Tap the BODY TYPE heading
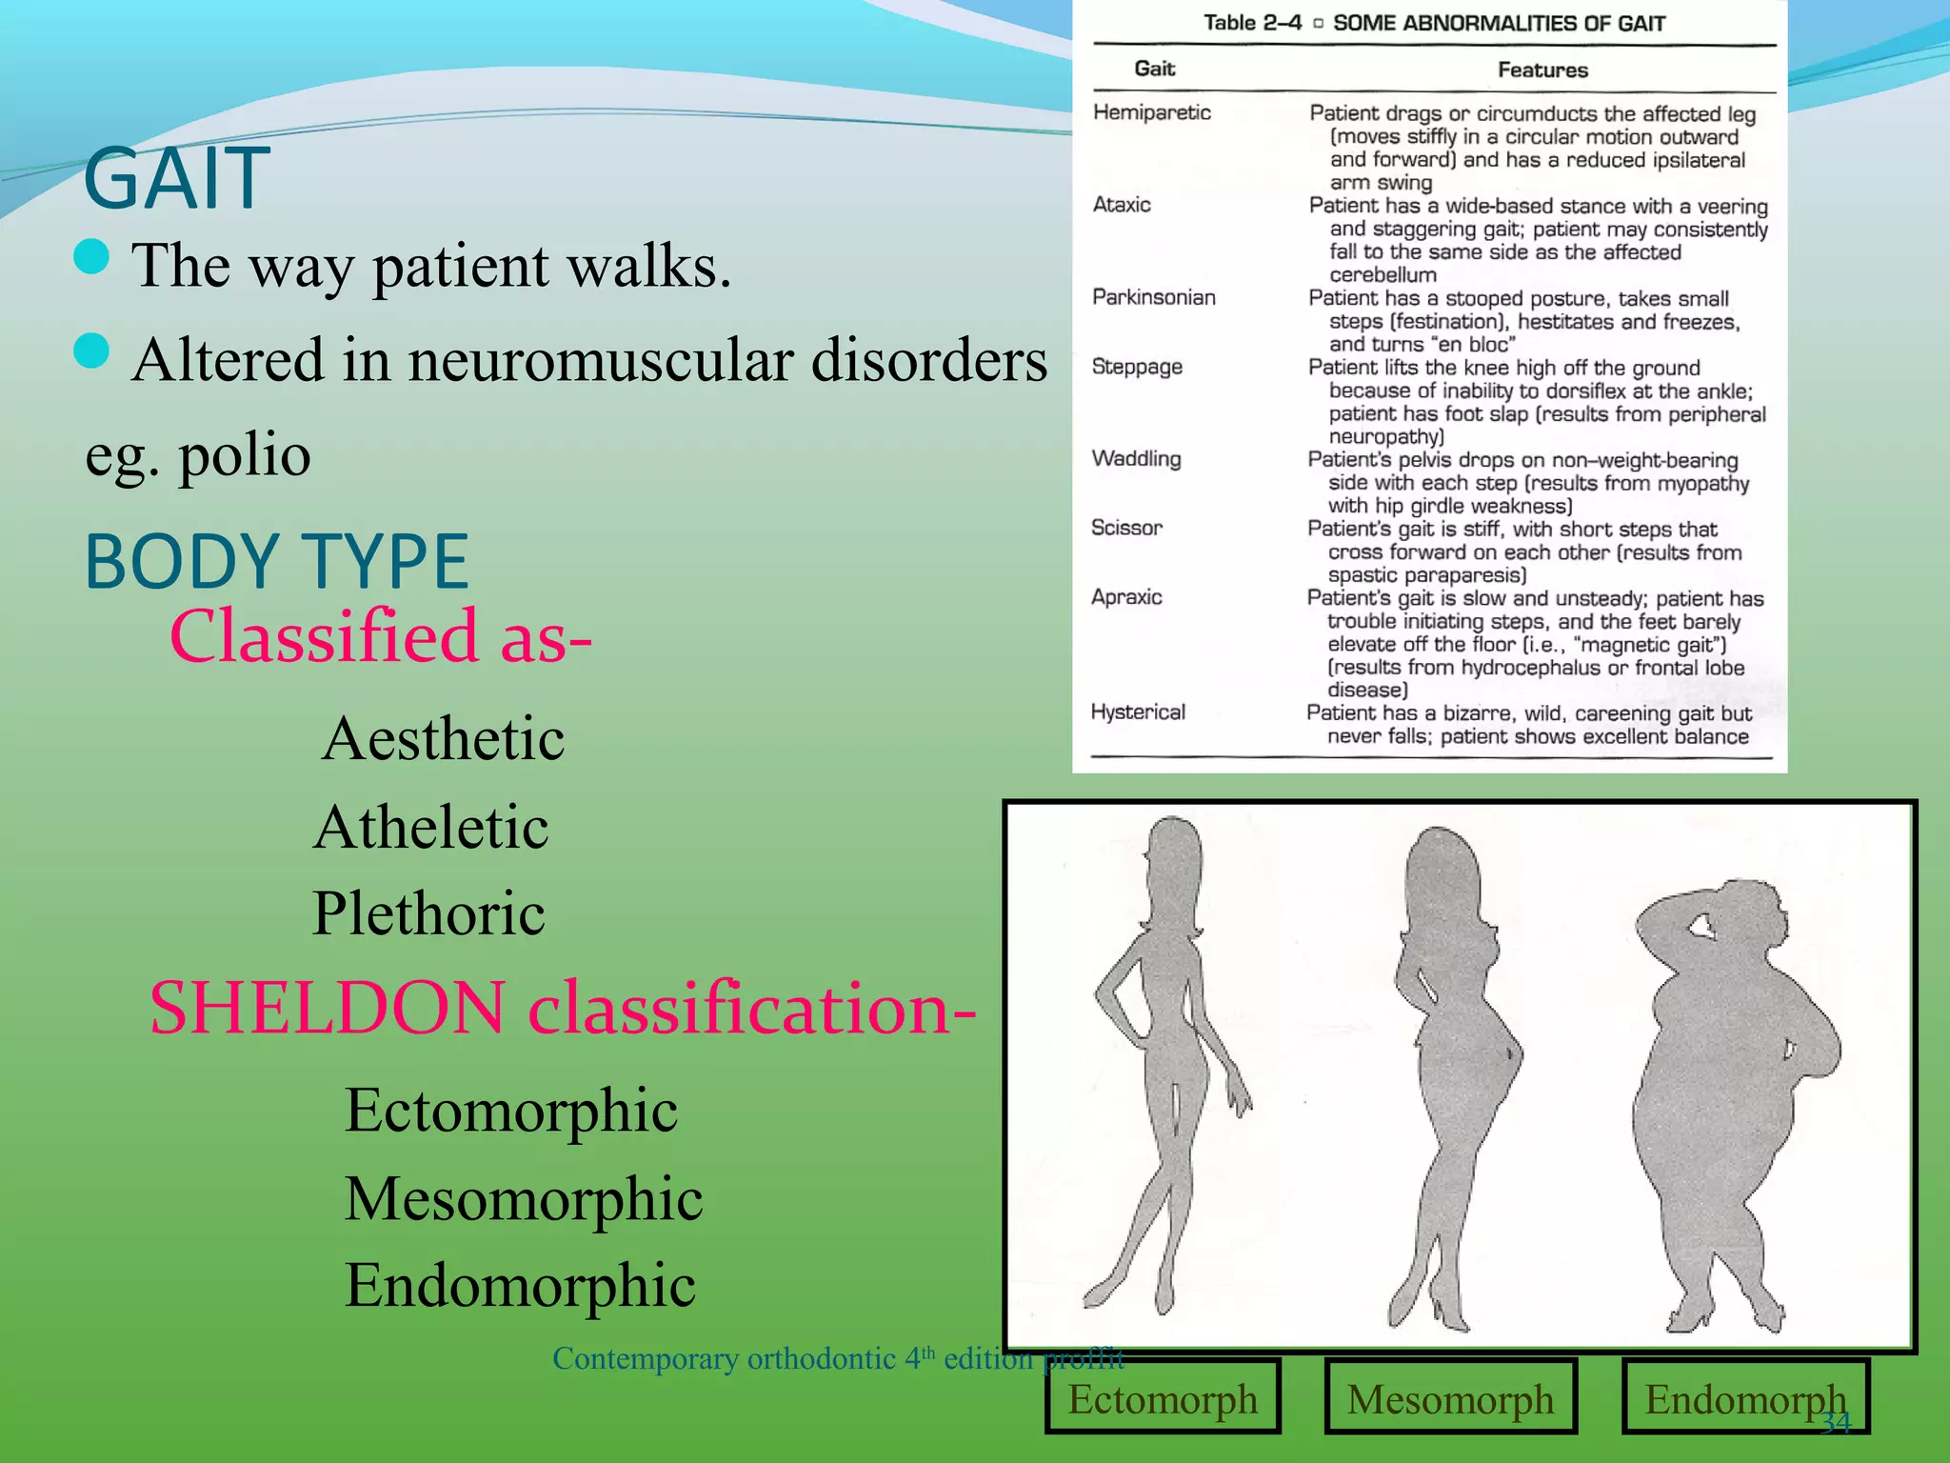coord(276,562)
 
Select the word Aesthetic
coord(444,739)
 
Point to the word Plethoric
coord(429,914)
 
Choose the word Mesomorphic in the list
coord(524,1199)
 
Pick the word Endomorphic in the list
coord(520,1286)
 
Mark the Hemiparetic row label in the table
coord(1152,112)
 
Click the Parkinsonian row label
coord(1154,297)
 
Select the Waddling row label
coord(1137,459)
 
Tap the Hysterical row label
coord(1138,712)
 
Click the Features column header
coord(1542,70)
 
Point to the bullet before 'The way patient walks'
coord(91,256)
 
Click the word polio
coord(245,455)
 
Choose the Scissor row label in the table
coord(1126,528)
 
